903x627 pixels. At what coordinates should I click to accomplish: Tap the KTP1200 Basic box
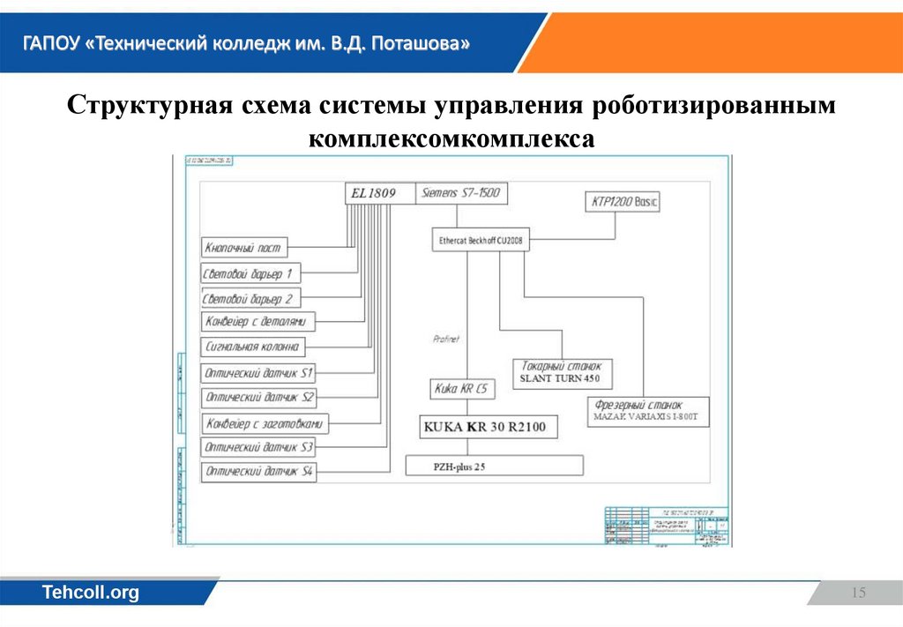(623, 202)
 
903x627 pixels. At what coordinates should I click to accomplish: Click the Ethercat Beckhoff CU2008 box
(481, 240)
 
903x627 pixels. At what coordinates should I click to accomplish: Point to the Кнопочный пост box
(244, 249)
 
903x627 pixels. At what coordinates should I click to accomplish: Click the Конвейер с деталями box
(258, 322)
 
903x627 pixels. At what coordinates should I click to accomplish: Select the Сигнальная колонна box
(254, 347)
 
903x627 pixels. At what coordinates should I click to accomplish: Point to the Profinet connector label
(447, 338)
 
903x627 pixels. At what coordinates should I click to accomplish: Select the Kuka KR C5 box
(462, 388)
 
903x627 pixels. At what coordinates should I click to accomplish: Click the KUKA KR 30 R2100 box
(485, 428)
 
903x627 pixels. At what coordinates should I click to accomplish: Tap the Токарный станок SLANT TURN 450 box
(562, 372)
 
